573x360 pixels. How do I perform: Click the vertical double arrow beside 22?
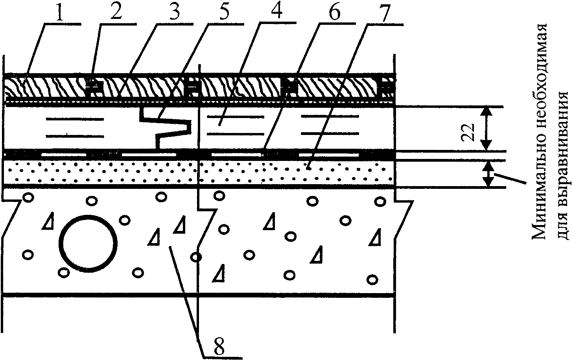[x=488, y=128]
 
